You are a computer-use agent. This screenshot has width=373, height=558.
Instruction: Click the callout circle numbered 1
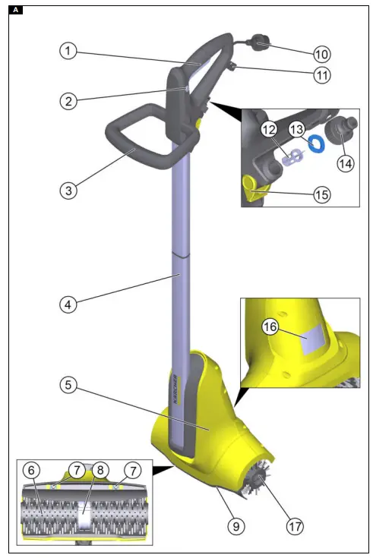point(68,51)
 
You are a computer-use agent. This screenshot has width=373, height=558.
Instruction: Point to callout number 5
point(68,385)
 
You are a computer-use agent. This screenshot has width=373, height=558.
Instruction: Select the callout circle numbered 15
point(321,194)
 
